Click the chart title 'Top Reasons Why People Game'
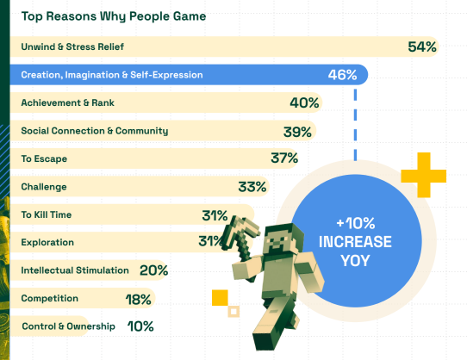[x=113, y=16]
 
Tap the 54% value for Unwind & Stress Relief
[x=422, y=47]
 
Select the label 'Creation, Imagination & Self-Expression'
[x=112, y=75]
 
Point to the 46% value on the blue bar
[x=342, y=75]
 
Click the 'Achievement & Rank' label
[x=67, y=102]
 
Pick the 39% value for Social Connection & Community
[x=297, y=131]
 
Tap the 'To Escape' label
[x=44, y=158]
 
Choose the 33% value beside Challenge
[x=252, y=186]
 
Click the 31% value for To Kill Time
[x=215, y=214]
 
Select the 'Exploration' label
[x=47, y=242]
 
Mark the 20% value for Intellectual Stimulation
[x=153, y=270]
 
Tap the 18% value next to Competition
[x=138, y=299]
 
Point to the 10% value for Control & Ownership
[x=140, y=326]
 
